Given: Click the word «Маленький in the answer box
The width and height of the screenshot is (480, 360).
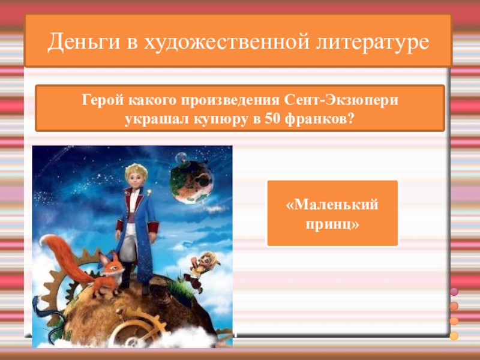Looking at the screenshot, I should click(x=332, y=205).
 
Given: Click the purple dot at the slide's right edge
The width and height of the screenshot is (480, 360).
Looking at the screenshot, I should click(x=454, y=292).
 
